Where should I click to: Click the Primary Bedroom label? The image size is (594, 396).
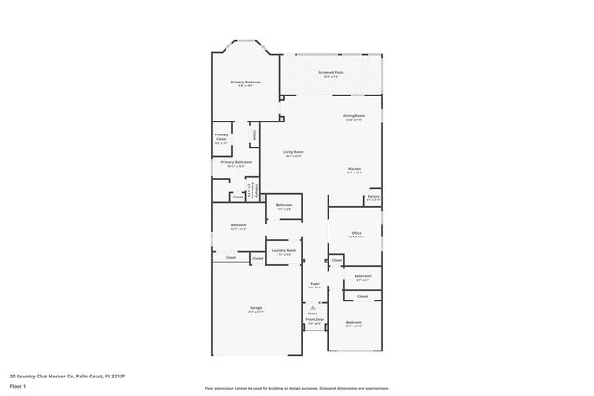(245, 83)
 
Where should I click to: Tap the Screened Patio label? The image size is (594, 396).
(331, 73)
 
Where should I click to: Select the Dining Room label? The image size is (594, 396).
(355, 117)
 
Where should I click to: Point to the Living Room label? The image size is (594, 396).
(293, 152)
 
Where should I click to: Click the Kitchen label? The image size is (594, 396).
(355, 169)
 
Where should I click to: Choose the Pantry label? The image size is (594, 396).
(372, 197)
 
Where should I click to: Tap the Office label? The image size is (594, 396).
(355, 234)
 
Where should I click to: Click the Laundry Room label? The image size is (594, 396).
(283, 251)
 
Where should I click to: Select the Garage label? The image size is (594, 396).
(255, 308)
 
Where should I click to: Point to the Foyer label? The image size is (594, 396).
(315, 284)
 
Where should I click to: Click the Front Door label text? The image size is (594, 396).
(315, 320)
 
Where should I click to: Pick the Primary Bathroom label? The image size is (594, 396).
(236, 163)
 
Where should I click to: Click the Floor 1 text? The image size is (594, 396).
(19, 387)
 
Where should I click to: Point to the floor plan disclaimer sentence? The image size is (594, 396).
(296, 387)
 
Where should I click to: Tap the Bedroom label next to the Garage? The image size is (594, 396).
(238, 226)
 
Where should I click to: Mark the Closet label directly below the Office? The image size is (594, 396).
(338, 260)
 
